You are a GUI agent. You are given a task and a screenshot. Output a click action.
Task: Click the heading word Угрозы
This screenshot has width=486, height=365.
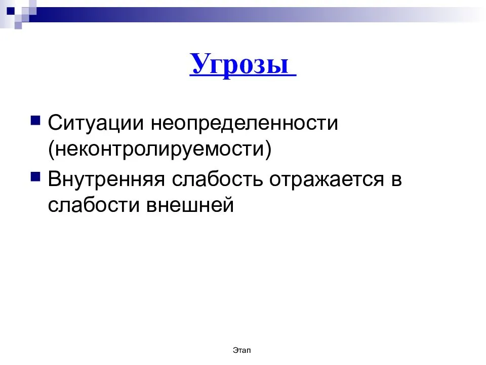click(x=239, y=64)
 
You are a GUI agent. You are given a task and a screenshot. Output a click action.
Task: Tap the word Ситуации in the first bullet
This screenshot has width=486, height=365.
click(x=96, y=123)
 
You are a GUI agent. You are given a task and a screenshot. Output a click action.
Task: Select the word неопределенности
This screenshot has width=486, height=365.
click(x=244, y=123)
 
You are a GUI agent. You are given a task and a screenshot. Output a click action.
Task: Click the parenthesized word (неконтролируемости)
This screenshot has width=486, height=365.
click(x=159, y=149)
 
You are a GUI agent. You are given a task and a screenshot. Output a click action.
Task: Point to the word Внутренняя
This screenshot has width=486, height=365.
click(x=106, y=179)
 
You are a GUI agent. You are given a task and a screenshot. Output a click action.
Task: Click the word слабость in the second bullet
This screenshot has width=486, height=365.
click(x=217, y=179)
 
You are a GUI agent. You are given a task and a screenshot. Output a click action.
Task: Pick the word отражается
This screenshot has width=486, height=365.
click(x=327, y=179)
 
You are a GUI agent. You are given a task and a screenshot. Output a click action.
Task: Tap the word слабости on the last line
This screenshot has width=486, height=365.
click(x=94, y=204)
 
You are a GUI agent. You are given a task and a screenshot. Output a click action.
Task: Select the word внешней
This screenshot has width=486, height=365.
click(x=190, y=205)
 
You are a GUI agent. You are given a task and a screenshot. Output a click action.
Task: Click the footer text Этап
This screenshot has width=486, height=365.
click(x=242, y=350)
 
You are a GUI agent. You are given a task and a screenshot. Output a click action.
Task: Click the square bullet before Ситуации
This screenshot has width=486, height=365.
click(x=35, y=120)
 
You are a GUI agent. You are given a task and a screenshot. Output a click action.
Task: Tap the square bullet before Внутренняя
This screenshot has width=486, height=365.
click(x=35, y=176)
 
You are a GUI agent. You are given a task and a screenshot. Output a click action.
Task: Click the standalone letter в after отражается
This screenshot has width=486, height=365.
click(x=396, y=180)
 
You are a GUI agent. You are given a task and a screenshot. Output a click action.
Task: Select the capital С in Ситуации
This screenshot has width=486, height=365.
click(x=55, y=123)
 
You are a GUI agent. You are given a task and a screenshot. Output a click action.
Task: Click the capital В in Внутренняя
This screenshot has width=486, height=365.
click(x=54, y=179)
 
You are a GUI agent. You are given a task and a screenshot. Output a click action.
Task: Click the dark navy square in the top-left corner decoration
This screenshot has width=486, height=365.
click(x=11, y=11)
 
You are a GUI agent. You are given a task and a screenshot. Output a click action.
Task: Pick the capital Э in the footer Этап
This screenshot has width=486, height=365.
click(x=235, y=350)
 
